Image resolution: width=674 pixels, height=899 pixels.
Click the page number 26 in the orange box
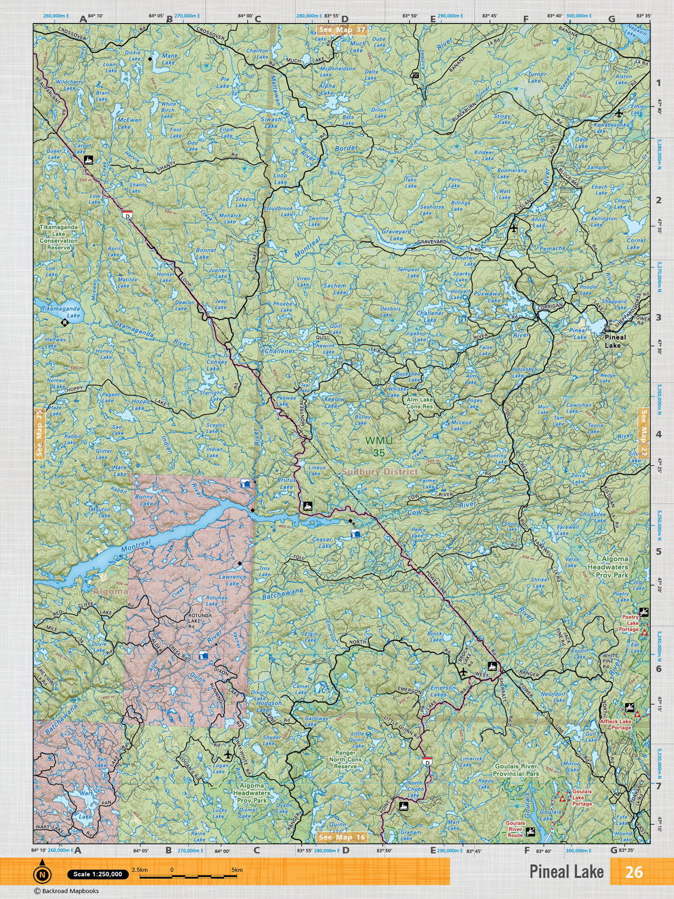[x=634, y=871]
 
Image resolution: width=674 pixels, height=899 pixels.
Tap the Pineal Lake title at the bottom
[x=566, y=872]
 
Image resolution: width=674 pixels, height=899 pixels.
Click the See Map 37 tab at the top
[x=341, y=29]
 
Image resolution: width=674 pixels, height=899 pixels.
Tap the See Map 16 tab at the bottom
[x=341, y=837]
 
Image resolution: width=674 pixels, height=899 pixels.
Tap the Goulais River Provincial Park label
[x=516, y=770]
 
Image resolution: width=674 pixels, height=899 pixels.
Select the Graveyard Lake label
[x=397, y=234]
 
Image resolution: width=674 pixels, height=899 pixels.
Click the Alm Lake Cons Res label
[x=420, y=402]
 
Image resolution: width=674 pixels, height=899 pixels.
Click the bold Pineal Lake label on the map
[x=612, y=342]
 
